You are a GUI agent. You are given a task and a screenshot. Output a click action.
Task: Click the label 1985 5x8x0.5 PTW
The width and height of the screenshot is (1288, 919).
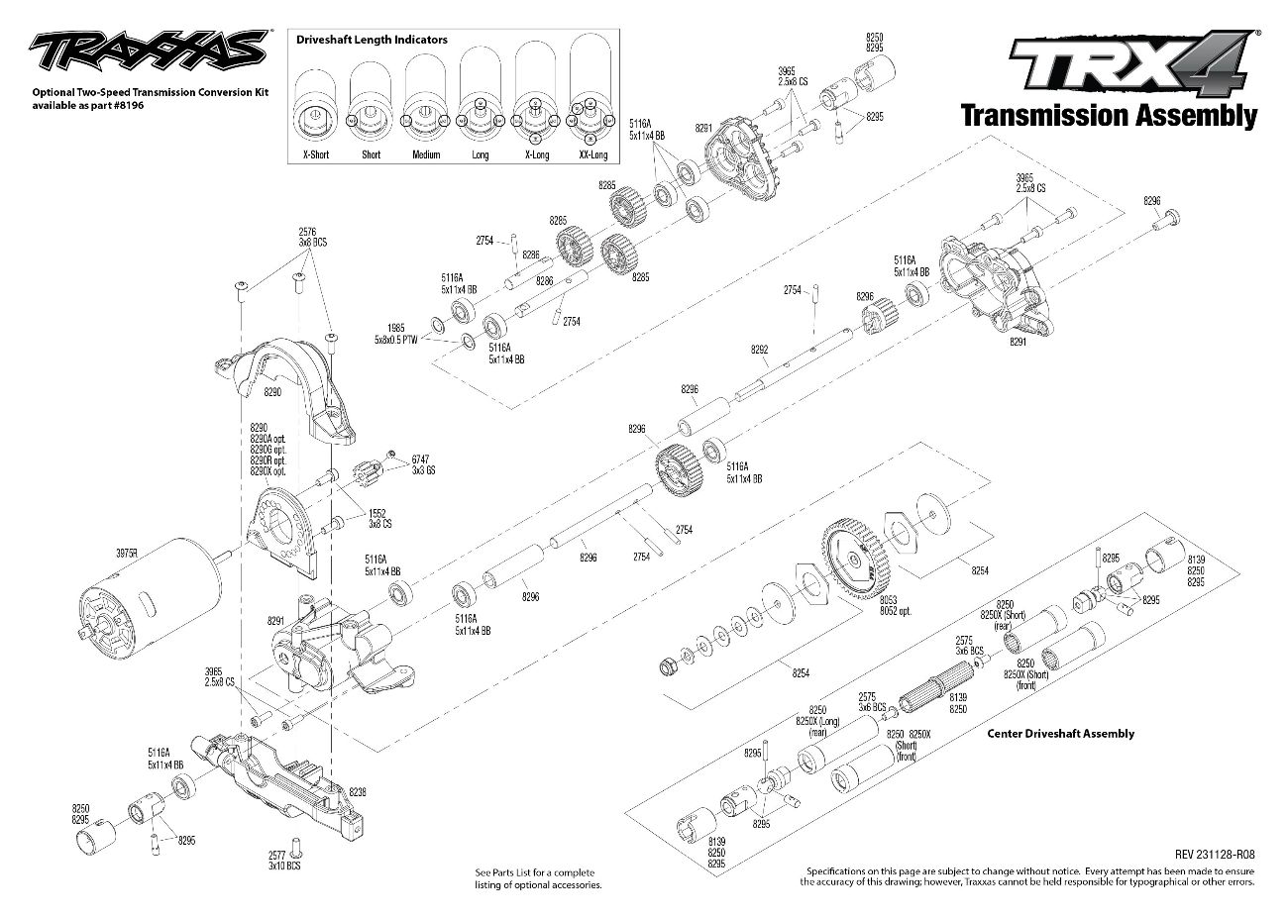(x=397, y=334)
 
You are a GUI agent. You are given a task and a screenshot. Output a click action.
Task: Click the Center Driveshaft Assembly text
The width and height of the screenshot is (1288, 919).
(x=1061, y=734)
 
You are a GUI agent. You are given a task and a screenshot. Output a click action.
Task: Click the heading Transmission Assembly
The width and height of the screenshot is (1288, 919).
(x=1109, y=116)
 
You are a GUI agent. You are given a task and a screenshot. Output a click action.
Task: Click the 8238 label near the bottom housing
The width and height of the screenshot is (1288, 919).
(x=358, y=792)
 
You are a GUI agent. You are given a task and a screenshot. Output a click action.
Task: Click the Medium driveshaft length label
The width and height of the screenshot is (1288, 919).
(x=426, y=155)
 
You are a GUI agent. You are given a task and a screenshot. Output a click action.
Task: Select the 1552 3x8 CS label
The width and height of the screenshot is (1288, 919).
(x=377, y=518)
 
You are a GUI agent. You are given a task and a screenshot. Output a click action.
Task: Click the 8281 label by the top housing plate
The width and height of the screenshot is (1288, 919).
(x=703, y=128)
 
